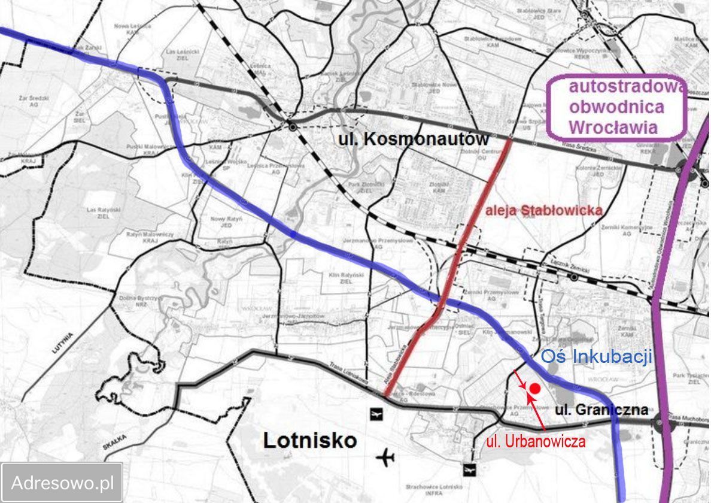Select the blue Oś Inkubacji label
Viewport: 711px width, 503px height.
(595, 357)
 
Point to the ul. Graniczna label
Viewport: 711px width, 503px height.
(601, 410)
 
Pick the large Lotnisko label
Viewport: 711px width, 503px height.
(310, 441)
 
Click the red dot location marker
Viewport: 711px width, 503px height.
(535, 388)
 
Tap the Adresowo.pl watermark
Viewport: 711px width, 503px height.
(62, 482)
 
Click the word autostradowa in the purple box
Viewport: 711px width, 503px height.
(625, 87)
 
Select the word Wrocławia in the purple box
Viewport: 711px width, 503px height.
(613, 127)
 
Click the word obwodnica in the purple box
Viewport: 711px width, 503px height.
(616, 107)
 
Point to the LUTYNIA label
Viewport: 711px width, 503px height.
(62, 343)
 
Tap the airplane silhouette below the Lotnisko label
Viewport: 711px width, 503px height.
(386, 458)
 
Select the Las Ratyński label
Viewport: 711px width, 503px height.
(100, 210)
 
